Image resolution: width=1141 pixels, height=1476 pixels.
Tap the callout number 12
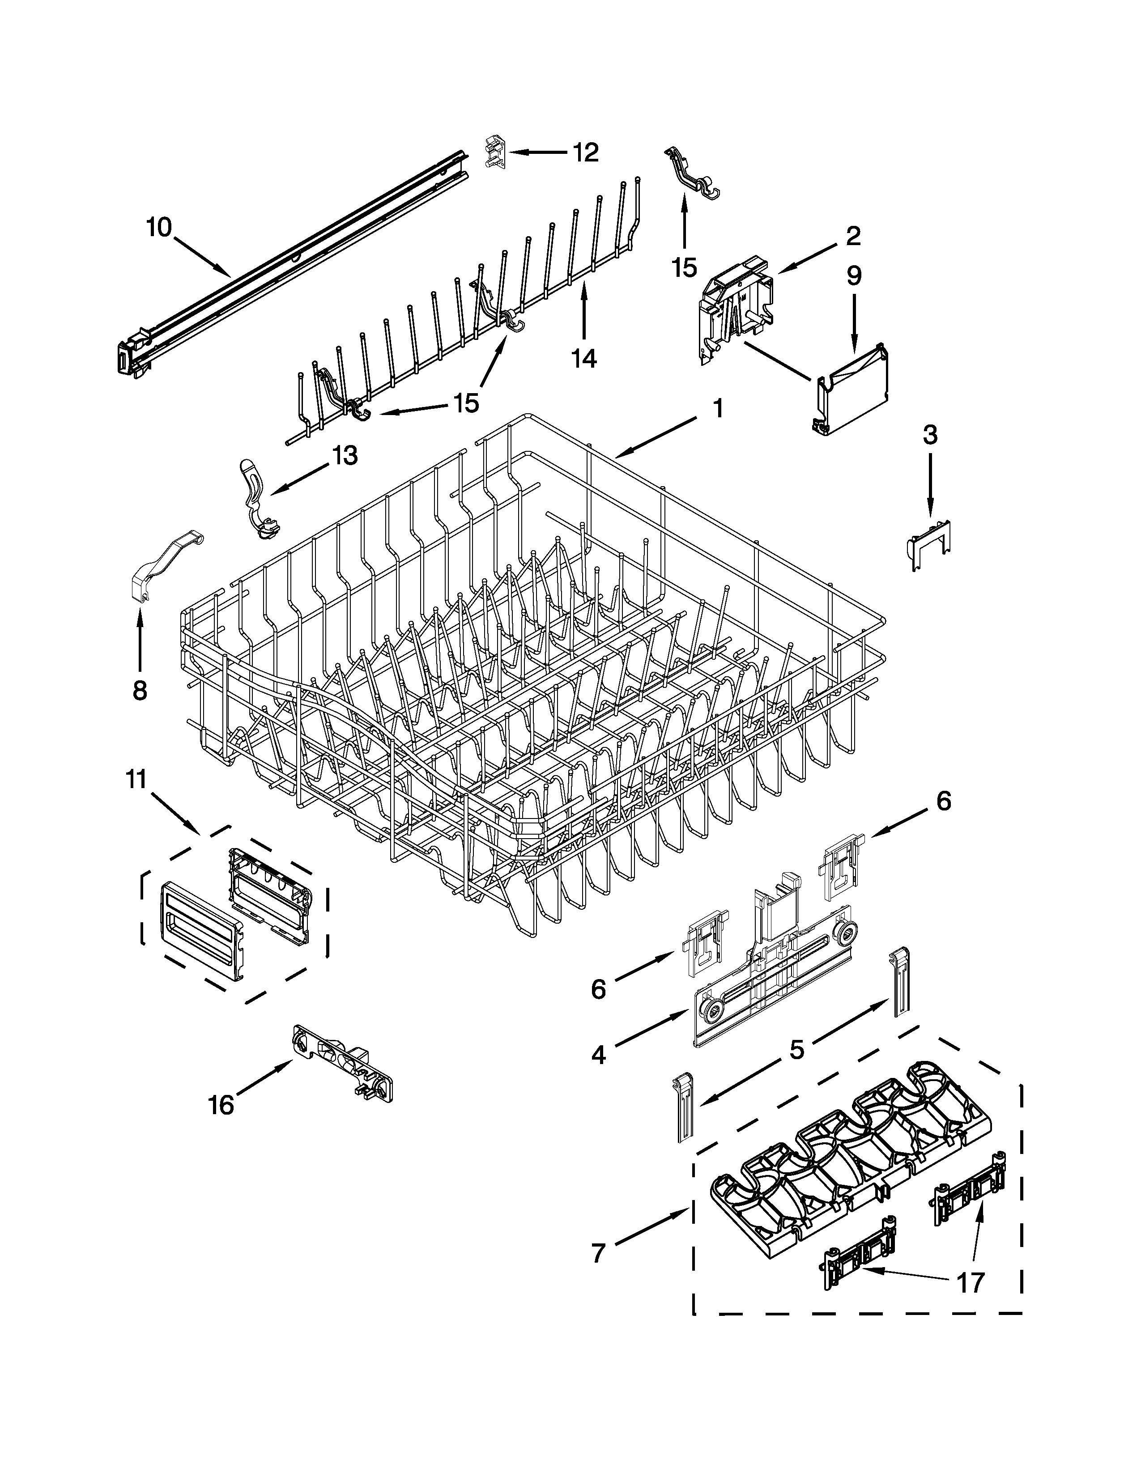pos(585,153)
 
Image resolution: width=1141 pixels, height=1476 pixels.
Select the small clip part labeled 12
pos(495,152)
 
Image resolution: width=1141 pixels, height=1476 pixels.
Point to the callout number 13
pos(344,455)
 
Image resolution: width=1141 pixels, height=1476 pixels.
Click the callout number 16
pos(221,1106)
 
